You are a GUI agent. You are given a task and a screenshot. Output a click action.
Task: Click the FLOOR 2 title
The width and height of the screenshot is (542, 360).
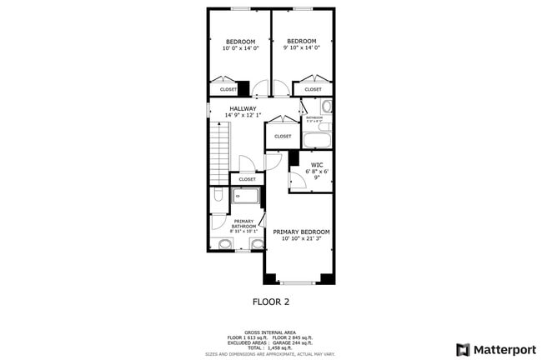coord(271,301)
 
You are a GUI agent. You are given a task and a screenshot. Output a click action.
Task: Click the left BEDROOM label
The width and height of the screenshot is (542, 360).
coord(239,42)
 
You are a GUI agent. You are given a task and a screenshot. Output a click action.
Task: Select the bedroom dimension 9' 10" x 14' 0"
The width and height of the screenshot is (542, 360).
coord(301,48)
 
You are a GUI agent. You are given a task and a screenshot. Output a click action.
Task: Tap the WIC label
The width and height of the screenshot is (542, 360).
coord(317,165)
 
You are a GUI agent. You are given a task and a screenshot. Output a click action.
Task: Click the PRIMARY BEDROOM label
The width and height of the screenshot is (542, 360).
coord(301,232)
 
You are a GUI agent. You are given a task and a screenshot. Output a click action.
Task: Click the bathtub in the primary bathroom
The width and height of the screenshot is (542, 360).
coord(246,197)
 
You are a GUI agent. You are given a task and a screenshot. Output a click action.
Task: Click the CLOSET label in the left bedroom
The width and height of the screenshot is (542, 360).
coord(228,89)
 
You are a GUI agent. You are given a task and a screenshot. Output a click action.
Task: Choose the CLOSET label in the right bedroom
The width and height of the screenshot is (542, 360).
coord(313,89)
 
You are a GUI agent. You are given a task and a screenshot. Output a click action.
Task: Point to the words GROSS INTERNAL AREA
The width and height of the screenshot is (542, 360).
coord(270,330)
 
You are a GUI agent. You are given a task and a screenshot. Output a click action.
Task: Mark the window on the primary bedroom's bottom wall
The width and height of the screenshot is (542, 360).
coord(301,281)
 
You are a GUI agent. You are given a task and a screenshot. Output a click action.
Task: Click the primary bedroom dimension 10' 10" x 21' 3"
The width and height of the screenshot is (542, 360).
coord(301,238)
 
